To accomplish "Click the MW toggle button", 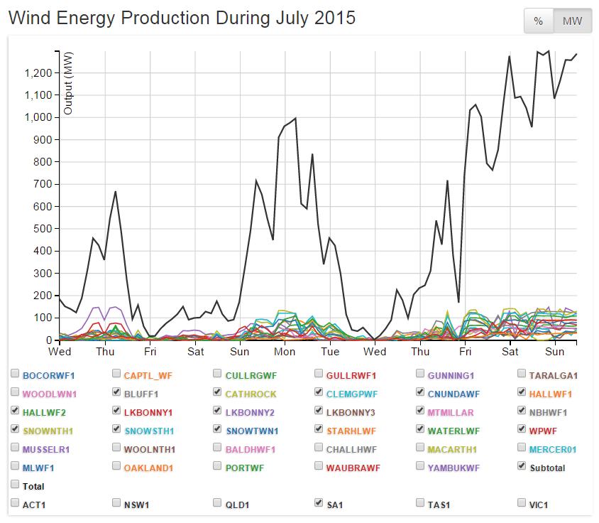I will (x=572, y=21).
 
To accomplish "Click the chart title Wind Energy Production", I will (x=182, y=18).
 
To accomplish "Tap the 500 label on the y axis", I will (x=42, y=229).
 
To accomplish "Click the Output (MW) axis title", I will (x=68, y=83).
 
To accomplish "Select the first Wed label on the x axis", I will (x=60, y=352).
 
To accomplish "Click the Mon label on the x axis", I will (x=285, y=352).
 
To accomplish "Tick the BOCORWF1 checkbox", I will (x=15, y=374).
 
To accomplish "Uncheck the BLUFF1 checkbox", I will (x=116, y=392).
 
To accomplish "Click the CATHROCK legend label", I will (x=251, y=394).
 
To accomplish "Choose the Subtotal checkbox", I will (x=522, y=467).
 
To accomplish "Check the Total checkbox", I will (x=15, y=485).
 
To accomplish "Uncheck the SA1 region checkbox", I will (x=319, y=504).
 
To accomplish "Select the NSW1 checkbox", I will (x=116, y=504).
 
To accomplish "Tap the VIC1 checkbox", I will (x=522, y=504).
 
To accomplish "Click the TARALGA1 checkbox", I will (x=522, y=374).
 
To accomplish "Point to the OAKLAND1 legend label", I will (x=148, y=468).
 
